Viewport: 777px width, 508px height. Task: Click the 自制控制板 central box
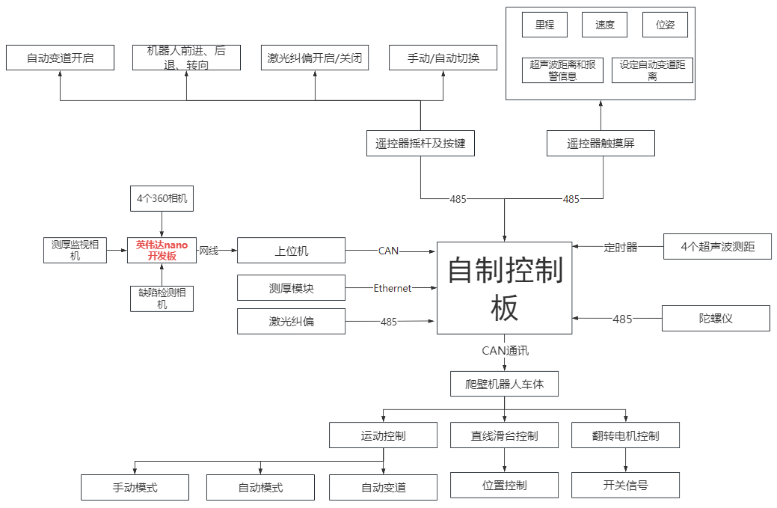click(504, 288)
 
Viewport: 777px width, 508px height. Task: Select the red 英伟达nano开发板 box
click(162, 251)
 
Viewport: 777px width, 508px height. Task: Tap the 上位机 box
click(291, 251)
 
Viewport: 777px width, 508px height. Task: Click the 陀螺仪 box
click(716, 319)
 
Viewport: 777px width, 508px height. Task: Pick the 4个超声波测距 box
click(717, 247)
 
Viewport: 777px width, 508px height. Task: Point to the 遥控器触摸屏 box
click(601, 144)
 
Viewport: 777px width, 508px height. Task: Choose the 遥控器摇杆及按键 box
click(420, 144)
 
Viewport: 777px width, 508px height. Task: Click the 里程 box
click(544, 25)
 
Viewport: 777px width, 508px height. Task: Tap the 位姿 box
click(665, 25)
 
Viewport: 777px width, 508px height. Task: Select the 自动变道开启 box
click(60, 58)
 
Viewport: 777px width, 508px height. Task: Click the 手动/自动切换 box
click(443, 58)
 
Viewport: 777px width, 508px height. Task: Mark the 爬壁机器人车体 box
click(504, 384)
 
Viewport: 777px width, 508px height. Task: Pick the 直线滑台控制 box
click(504, 435)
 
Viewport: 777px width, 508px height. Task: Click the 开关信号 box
click(625, 485)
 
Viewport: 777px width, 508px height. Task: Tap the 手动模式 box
click(135, 488)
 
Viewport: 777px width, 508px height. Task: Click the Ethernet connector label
click(393, 288)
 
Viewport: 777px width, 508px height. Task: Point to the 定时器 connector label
click(621, 247)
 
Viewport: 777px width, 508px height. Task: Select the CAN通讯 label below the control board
click(506, 349)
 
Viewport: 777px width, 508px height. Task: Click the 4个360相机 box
click(162, 198)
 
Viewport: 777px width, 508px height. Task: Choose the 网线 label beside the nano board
click(209, 251)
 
